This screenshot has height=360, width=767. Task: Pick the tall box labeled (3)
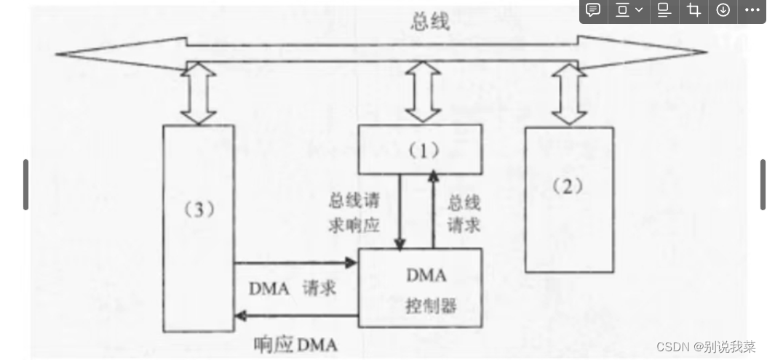pyautogui.click(x=198, y=225)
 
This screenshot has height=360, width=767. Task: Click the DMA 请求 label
pyautogui.click(x=293, y=288)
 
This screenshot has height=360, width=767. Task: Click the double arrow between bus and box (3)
pyautogui.click(x=198, y=92)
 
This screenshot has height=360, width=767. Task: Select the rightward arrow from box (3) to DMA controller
pyautogui.click(x=295, y=263)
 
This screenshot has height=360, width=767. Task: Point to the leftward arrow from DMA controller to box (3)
pyautogui.click(x=295, y=315)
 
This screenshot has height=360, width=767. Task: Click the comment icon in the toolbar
pyautogui.click(x=594, y=10)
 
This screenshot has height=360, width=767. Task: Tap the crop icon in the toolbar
pyautogui.click(x=694, y=10)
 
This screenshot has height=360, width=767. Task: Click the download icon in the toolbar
pyautogui.click(x=723, y=10)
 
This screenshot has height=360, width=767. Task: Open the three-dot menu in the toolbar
pyautogui.click(x=751, y=10)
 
